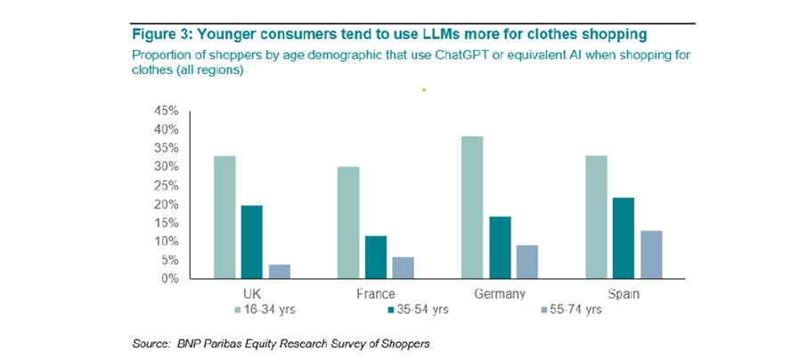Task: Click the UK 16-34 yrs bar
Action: pos(224,217)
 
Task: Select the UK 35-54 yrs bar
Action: pos(252,241)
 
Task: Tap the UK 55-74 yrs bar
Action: pos(279,271)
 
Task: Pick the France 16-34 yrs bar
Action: pos(347,223)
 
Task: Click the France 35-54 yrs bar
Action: pos(375,257)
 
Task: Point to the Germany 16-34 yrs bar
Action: pos(471,208)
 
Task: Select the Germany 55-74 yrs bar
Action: pos(526,261)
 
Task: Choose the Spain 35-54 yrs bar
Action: pos(622,238)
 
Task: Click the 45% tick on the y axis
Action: pos(167,111)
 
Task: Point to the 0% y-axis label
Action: pos(169,279)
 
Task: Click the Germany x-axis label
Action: pos(500,293)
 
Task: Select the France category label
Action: pos(375,293)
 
